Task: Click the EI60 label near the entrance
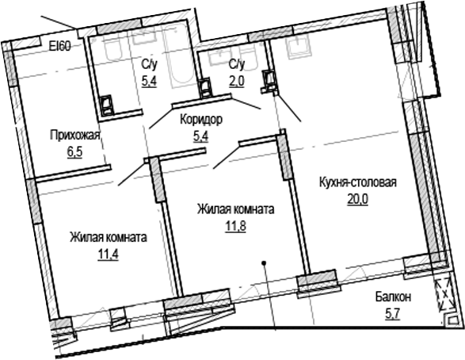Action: pos(60,46)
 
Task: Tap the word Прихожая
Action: pos(74,134)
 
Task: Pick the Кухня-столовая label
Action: pos(357,182)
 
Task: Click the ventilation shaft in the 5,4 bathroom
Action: pos(108,103)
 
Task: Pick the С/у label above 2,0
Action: pos(236,63)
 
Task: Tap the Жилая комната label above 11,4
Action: pos(108,237)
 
